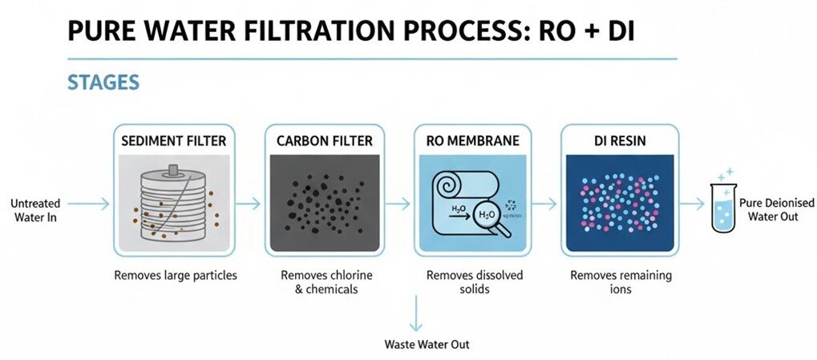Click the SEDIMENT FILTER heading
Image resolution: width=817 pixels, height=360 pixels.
pyautogui.click(x=173, y=141)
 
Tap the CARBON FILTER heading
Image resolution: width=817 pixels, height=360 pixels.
pyautogui.click(x=324, y=141)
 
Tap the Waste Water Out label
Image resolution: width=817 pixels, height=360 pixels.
pyautogui.click(x=427, y=345)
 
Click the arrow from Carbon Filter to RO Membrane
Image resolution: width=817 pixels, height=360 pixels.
pyautogui.click(x=398, y=204)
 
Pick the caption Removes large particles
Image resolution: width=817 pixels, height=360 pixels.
pyautogui.click(x=175, y=276)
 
